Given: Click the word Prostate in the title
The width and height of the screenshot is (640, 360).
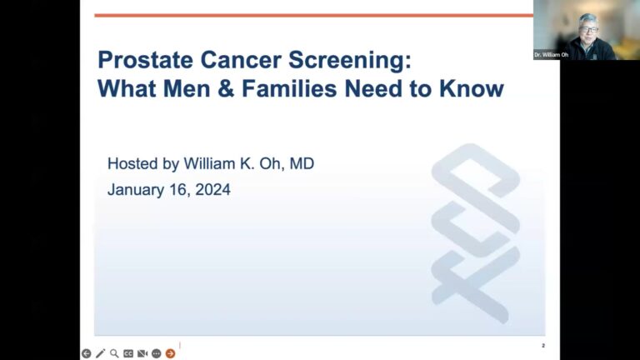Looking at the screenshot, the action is tap(145, 60).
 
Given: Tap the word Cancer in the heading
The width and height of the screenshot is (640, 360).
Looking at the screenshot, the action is tap(241, 60).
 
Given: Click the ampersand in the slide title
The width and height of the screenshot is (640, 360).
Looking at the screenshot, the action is tap(226, 88).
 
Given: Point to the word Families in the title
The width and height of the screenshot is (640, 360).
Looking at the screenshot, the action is tap(289, 88).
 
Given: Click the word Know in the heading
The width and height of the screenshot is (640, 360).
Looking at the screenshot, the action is tap(472, 88).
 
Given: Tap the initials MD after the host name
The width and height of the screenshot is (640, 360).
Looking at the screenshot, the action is tap(302, 163).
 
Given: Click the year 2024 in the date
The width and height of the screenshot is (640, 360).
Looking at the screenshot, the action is tap(212, 190).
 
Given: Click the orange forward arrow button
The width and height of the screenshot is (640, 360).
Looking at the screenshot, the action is tap(171, 353).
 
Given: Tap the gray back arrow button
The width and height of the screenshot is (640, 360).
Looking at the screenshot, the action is tap(86, 353).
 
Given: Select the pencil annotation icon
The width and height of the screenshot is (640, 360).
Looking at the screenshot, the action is tap(100, 353).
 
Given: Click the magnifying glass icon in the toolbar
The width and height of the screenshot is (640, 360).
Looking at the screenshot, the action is tap(114, 353).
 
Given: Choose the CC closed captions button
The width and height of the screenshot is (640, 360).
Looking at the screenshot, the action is tap(128, 353).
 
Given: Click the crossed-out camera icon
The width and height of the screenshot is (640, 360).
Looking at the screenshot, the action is tap(142, 353).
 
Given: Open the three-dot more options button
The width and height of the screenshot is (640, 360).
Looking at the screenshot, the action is tap(157, 353).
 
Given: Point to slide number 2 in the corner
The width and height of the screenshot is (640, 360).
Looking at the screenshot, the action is tap(543, 346).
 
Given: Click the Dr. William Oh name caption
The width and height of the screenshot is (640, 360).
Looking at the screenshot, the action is tap(551, 55).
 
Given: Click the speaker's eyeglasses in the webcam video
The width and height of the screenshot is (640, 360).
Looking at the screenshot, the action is tap(588, 30).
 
